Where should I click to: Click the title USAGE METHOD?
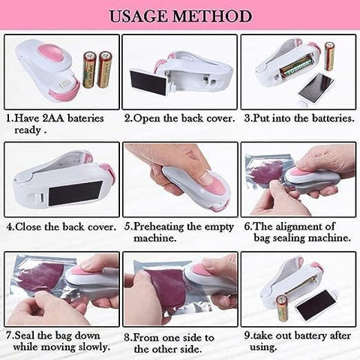click(x=181, y=15)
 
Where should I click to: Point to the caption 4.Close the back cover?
click(x=61, y=225)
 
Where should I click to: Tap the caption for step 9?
click(x=299, y=342)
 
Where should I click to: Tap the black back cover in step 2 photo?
click(x=142, y=80)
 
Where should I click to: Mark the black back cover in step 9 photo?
click(x=315, y=304)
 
